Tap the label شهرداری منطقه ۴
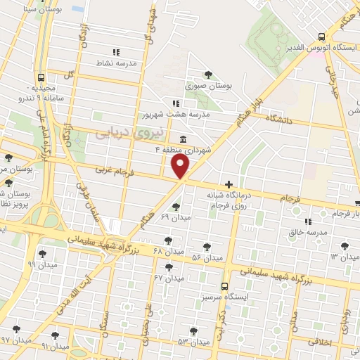184,149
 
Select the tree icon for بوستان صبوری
208,74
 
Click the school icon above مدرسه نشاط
116,51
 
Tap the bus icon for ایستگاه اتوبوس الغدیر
321,36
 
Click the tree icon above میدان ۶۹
174,206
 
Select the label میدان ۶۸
169,251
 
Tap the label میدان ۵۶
207,258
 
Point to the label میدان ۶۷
169,278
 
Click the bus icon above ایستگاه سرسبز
224,286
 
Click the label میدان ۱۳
344,257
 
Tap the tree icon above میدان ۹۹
43,254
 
